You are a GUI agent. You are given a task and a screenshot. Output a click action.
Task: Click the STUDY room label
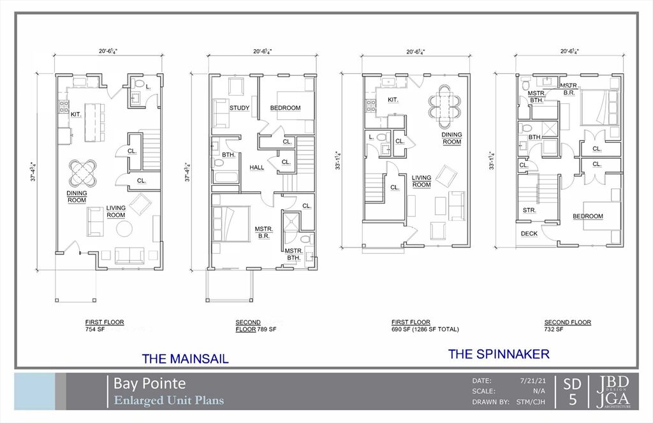(240, 108)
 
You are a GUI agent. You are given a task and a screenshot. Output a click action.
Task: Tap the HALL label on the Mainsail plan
(257, 168)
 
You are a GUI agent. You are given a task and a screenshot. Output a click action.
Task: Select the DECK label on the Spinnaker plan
(529, 234)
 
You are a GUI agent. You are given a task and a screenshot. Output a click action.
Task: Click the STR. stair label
(529, 211)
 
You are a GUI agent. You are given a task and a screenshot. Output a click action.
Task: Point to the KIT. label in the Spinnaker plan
(393, 100)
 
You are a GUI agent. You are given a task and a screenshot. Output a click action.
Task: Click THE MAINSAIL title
(186, 359)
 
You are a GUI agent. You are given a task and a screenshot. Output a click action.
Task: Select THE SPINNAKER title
(499, 354)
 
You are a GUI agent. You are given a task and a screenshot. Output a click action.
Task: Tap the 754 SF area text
(95, 329)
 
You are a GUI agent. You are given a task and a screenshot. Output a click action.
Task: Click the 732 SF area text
(554, 329)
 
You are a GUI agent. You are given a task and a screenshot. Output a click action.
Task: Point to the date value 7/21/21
(532, 380)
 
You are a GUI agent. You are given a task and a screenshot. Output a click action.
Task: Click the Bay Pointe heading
(149, 383)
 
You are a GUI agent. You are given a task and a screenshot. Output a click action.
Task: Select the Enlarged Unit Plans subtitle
(168, 401)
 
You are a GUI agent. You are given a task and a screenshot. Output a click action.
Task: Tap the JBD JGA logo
(613, 392)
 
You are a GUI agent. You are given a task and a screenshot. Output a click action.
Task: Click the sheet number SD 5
(572, 392)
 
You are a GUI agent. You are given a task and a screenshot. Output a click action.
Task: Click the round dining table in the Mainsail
(82, 173)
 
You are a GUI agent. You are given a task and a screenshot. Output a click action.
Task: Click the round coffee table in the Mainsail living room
(124, 229)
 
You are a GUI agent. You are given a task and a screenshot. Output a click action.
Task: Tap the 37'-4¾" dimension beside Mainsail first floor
(35, 171)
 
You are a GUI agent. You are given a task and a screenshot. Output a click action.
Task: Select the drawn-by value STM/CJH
(531, 402)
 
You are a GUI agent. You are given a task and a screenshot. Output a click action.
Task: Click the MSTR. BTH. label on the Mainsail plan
(293, 254)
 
